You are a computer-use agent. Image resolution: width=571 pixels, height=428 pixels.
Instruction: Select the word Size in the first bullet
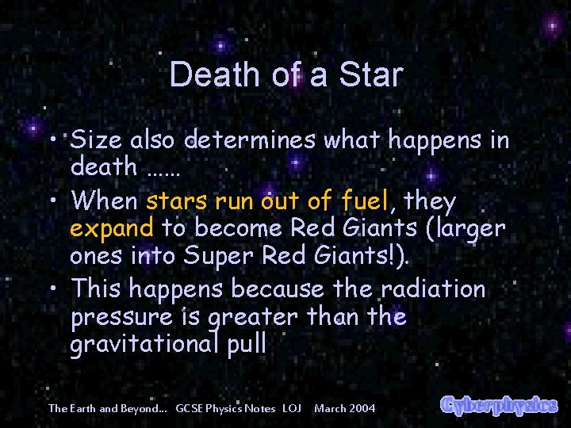95,141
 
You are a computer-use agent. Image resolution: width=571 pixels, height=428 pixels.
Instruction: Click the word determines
251,141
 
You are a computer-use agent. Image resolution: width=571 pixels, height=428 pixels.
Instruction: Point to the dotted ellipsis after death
164,168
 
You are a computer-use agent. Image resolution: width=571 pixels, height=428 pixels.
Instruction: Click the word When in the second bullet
104,201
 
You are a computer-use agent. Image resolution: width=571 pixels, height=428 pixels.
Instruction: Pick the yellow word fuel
366,201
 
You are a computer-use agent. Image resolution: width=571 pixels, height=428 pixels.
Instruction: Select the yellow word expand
111,229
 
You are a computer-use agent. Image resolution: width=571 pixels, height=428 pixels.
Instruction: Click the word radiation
435,289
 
